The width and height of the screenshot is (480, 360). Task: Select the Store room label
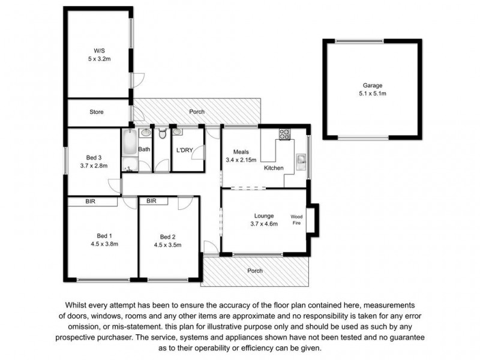97,112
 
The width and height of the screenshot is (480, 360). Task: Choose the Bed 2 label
167,236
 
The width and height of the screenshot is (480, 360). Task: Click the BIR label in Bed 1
91,202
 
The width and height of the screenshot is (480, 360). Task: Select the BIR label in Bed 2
151,202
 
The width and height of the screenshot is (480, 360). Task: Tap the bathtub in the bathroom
130,149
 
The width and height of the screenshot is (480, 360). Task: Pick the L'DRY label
184,149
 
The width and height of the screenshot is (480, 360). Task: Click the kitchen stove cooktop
283,135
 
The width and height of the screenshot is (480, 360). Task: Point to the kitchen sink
301,160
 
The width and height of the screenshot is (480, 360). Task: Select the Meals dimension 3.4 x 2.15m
241,160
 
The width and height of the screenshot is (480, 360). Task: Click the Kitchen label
274,168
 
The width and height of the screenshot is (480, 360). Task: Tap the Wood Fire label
296,220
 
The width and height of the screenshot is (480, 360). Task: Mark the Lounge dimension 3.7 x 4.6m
264,224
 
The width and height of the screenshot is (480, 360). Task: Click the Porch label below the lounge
255,271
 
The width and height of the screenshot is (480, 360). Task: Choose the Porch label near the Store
197,112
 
